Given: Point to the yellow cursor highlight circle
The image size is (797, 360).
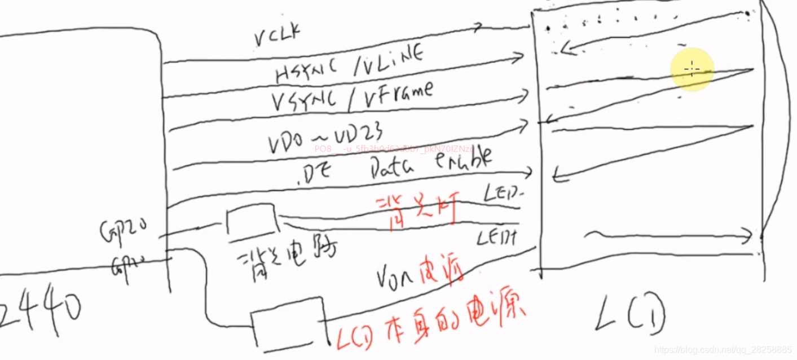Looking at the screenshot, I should tap(692, 69).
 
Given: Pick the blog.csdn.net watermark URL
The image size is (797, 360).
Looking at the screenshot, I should tap(723, 350).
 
